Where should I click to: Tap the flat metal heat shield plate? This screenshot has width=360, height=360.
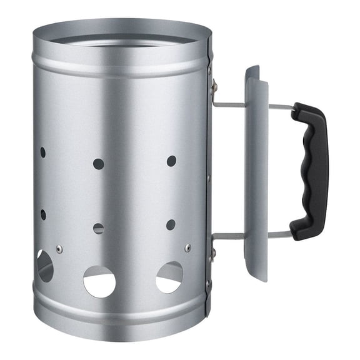tap(257, 172)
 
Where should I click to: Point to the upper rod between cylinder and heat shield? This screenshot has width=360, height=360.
tap(229, 104)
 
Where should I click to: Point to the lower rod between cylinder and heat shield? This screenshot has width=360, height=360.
tap(229, 236)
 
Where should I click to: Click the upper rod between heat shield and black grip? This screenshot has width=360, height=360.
tap(279, 107)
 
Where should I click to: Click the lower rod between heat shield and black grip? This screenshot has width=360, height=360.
tap(279, 234)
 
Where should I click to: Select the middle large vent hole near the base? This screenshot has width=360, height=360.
tap(99, 281)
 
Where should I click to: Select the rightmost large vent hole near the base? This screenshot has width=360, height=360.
tap(169, 277)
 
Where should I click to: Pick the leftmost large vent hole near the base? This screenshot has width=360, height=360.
tap(44, 266)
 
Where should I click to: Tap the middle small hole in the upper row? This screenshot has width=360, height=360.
tap(99, 164)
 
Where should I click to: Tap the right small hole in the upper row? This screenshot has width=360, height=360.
tap(171, 161)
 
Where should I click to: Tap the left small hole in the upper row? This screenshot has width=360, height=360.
tap(42, 152)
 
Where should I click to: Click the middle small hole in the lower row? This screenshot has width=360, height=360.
tap(99, 228)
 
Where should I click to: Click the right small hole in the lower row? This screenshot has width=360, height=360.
tap(171, 224)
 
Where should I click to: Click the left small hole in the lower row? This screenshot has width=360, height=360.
tap(42, 214)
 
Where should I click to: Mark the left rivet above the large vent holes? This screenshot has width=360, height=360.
tap(59, 249)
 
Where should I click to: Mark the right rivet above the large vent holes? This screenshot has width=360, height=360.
tap(188, 247)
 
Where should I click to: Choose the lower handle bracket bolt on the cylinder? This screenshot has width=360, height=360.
tap(214, 253)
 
